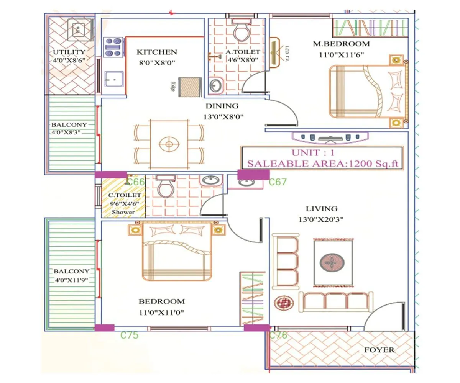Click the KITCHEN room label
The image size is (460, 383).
[157, 52]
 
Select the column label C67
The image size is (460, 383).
[278, 182]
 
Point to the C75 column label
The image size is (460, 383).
[129, 336]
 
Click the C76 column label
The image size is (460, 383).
[278, 336]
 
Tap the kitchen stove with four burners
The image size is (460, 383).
[113, 47]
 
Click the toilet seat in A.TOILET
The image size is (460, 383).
[242, 31]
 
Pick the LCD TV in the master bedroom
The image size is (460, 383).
[275, 52]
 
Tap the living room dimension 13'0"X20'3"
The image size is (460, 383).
[321, 220]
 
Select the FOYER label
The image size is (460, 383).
[379, 350]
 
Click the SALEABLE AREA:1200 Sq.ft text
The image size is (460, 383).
[322, 164]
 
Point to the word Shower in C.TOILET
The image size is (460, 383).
[123, 212]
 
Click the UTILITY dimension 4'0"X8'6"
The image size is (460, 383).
[69, 60]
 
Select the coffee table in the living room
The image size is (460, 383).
[332, 262]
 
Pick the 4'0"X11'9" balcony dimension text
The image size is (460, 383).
[72, 280]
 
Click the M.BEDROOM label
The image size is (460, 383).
[341, 44]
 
